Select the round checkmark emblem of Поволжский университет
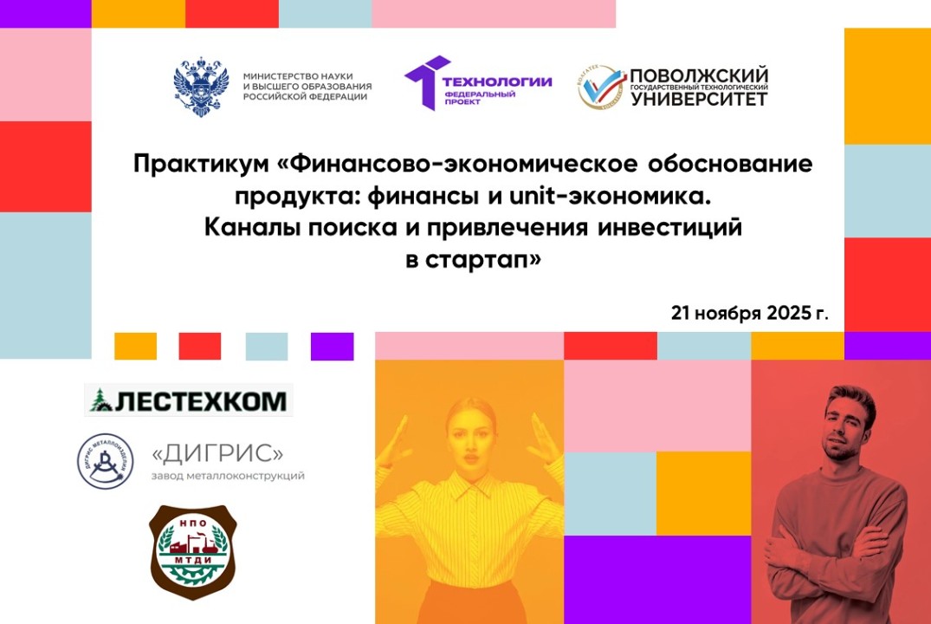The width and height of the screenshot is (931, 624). point(603,87)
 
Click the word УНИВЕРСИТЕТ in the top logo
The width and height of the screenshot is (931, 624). point(698,99)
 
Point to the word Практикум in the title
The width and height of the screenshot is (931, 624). point(207,164)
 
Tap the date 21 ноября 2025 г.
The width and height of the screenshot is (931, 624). point(748,313)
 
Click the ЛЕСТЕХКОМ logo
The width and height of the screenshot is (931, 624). point(189,400)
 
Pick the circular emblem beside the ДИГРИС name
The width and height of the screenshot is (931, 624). point(106,461)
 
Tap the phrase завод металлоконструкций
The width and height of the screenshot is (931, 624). point(228,476)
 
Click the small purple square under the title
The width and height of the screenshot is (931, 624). point(333,347)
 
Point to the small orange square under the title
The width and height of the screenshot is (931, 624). point(135,347)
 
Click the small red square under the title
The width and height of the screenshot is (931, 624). point(200,347)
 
